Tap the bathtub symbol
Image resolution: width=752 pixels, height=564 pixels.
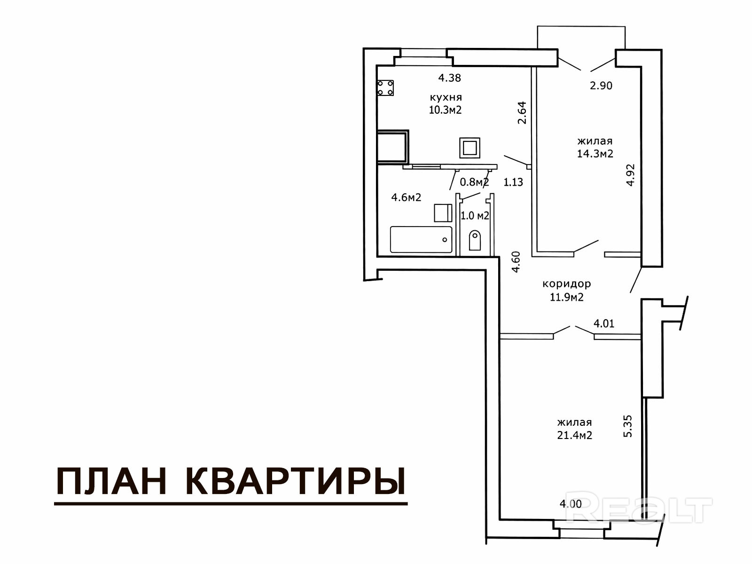tap(421, 239)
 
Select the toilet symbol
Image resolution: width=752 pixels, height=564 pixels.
tap(475, 240)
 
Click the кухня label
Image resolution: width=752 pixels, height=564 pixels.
tap(446, 97)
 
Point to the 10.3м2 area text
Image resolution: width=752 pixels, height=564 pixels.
tap(446, 110)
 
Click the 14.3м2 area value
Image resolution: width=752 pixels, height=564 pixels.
tap(595, 154)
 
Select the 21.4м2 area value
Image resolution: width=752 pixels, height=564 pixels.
tap(574, 435)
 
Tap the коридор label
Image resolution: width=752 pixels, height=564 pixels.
tap(567, 284)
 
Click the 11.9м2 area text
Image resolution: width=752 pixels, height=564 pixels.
tap(567, 297)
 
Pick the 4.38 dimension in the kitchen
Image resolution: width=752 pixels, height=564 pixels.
tap(449, 78)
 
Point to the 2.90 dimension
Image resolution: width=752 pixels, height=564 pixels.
tap(601, 86)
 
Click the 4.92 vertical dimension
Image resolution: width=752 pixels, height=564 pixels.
tap(630, 175)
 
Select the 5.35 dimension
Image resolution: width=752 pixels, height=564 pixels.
tap(627, 426)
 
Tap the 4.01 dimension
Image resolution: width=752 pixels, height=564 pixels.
tap(604, 323)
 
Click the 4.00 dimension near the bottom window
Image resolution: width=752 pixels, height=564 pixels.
tap(571, 504)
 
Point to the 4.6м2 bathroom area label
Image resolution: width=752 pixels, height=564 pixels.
tap(407, 197)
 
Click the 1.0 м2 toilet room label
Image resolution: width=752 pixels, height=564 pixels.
tap(475, 216)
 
